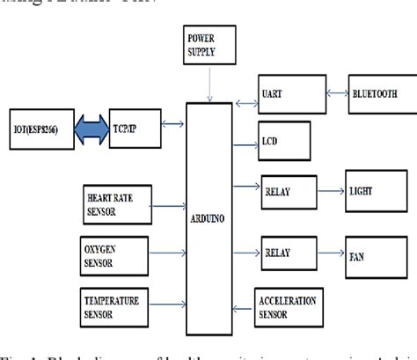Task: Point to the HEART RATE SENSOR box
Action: pyautogui.click(x=114, y=198)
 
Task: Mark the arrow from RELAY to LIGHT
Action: pyautogui.click(x=327, y=188)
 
